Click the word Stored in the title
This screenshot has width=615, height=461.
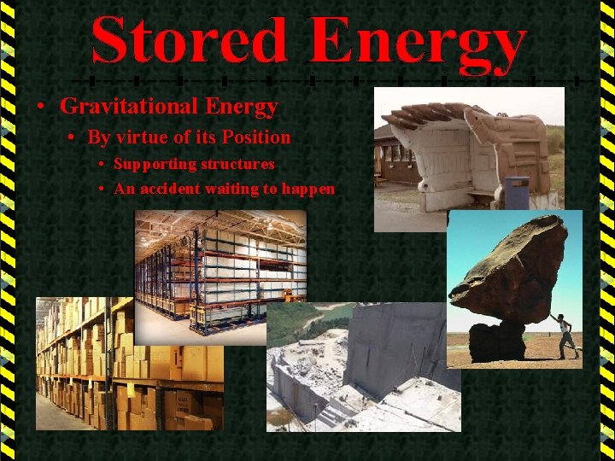[x=190, y=40]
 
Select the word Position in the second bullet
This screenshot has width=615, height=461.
[x=256, y=137]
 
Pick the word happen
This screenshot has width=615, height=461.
[x=306, y=190]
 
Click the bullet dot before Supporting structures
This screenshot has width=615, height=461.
[x=102, y=164]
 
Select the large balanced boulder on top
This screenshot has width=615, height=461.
[x=510, y=269]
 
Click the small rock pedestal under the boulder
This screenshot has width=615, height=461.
[x=497, y=340]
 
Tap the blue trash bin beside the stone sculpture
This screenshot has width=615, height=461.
[x=518, y=192]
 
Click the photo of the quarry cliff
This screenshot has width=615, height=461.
[x=363, y=367]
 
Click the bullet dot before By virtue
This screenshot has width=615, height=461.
[x=74, y=137]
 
